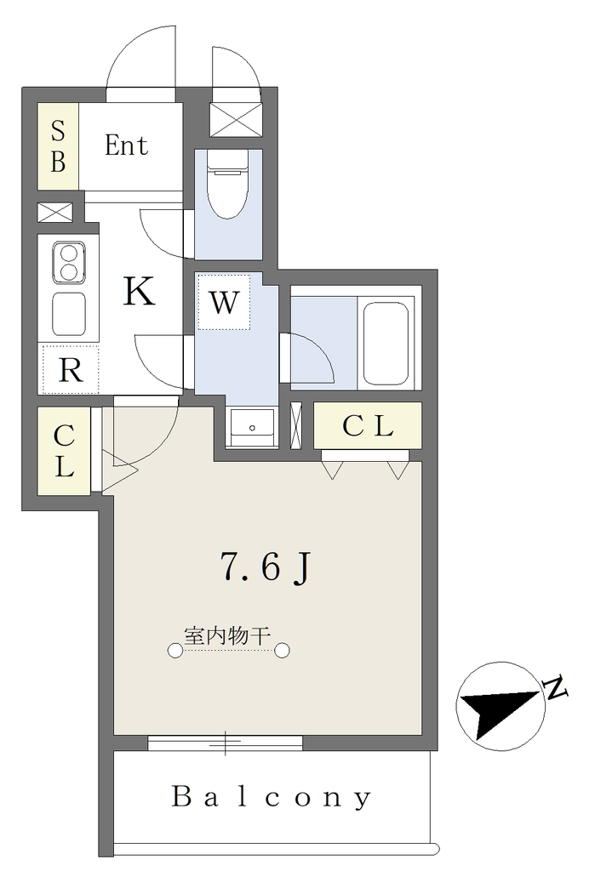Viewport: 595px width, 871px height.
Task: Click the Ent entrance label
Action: (x=126, y=145)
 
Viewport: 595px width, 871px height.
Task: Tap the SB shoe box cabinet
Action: (x=58, y=146)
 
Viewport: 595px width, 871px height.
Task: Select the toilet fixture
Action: (x=227, y=185)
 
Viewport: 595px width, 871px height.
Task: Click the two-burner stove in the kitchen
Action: (x=69, y=263)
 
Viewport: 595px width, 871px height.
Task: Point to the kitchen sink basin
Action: (x=69, y=314)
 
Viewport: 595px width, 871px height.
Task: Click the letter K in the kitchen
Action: (x=139, y=291)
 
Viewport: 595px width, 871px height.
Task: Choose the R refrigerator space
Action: (x=70, y=369)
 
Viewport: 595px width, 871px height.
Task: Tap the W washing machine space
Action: (x=224, y=302)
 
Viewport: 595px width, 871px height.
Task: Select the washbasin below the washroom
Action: (x=251, y=427)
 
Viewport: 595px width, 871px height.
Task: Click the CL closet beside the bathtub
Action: (x=368, y=425)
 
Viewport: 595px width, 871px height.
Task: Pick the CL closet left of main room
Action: (x=64, y=451)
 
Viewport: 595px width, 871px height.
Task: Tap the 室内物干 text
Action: (x=227, y=635)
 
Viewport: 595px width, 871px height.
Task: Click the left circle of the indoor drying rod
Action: (x=175, y=651)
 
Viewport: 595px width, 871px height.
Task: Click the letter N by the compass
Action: (x=556, y=688)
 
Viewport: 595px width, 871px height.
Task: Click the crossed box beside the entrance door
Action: (x=236, y=119)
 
